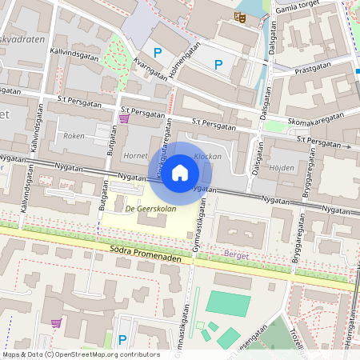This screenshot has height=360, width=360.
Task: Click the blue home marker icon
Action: (x=180, y=172)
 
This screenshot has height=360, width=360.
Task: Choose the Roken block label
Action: (x=74, y=136)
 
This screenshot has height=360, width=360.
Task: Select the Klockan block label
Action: (x=208, y=157)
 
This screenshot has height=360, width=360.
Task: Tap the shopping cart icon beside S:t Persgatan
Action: (x=124, y=118)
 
